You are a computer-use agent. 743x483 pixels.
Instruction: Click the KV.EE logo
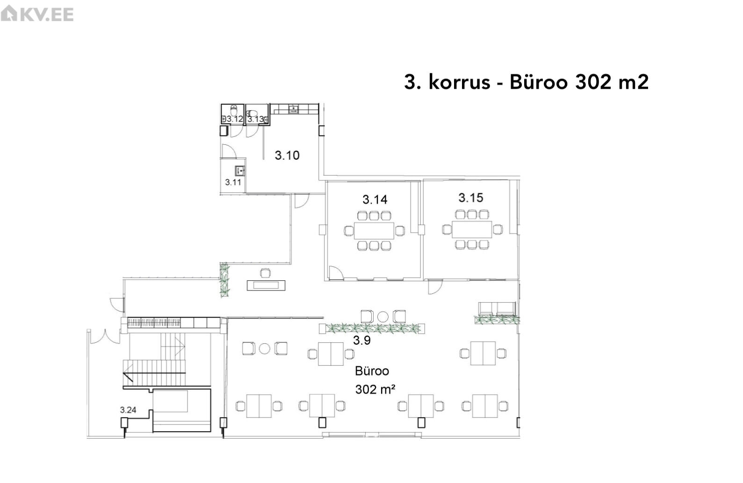point(37,14)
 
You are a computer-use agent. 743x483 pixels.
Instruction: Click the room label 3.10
point(287,155)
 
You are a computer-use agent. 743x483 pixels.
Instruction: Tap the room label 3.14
point(375,199)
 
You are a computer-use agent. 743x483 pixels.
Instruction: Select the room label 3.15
point(471,198)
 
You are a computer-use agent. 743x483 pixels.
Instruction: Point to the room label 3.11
point(233,182)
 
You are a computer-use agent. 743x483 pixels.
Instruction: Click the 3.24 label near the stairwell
point(128,410)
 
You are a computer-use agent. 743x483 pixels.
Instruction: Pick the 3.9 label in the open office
point(361,340)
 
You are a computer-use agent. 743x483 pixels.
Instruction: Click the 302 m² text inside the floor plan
point(375,389)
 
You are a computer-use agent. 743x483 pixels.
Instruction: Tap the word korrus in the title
point(459,82)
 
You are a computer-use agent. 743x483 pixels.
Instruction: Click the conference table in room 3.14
point(374,231)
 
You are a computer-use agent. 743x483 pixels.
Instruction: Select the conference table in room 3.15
point(472,229)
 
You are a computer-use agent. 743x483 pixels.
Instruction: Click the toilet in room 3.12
point(234,109)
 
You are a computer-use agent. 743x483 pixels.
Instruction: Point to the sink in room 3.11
point(240,171)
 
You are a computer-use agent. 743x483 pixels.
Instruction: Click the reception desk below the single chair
point(266,285)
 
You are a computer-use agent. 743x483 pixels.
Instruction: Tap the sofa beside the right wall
point(497,309)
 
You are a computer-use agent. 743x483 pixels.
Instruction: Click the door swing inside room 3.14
point(336,272)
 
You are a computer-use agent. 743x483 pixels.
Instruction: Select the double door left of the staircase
point(105,337)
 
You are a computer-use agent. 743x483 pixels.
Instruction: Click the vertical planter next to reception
point(224,280)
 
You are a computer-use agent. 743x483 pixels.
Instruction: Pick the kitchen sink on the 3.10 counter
point(294,109)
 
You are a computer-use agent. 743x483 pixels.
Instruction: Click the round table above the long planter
point(383,317)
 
